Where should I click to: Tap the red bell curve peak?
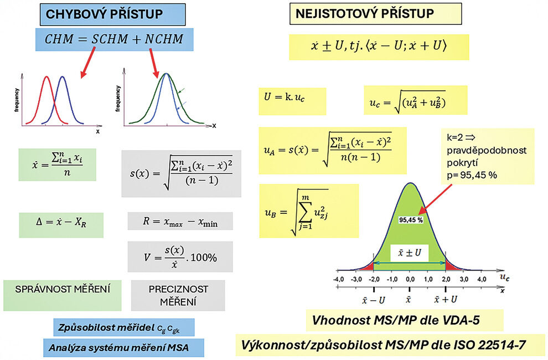(x=46, y=77)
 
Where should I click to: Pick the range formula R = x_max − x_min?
(x=180, y=221)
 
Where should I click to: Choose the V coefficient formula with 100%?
(x=180, y=257)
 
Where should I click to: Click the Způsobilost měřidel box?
(x=124, y=327)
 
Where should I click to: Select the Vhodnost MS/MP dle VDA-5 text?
(x=404, y=321)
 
